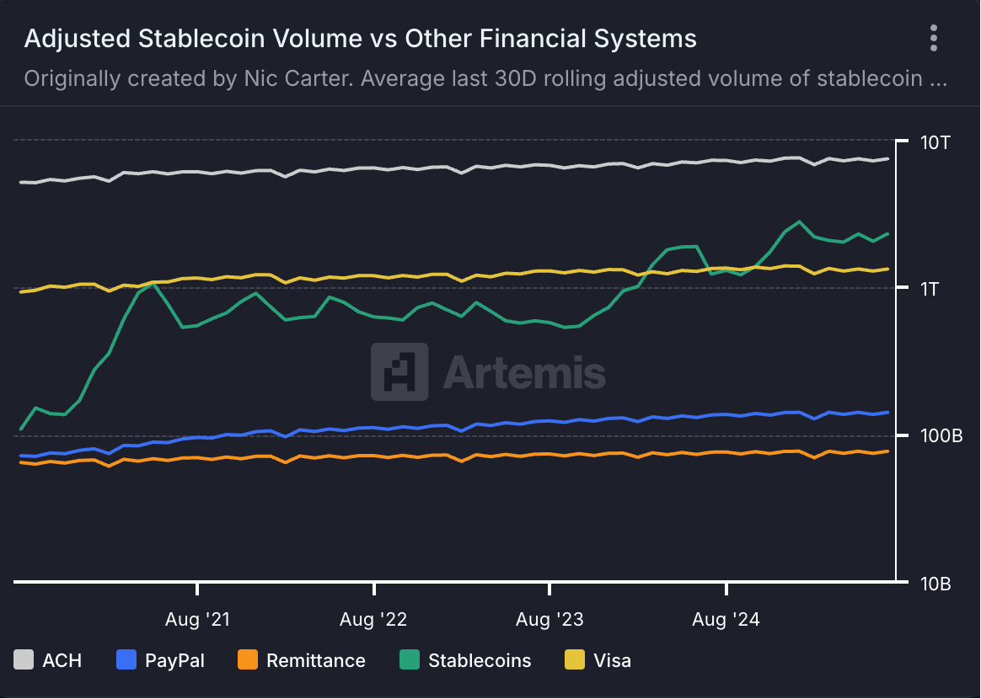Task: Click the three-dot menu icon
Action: [933, 39]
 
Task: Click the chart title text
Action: [361, 39]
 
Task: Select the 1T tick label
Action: [930, 289]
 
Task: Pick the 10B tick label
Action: [935, 584]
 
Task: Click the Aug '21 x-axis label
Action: [197, 620]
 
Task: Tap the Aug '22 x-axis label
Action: [373, 620]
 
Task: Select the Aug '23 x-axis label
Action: [549, 620]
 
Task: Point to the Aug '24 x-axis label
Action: [726, 620]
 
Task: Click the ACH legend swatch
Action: [24, 660]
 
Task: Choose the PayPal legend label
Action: [174, 660]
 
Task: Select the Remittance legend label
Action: [316, 660]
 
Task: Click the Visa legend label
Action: [612, 660]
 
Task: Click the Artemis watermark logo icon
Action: [399, 371]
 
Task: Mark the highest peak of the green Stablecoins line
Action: [798, 222]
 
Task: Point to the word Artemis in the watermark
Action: [524, 371]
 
